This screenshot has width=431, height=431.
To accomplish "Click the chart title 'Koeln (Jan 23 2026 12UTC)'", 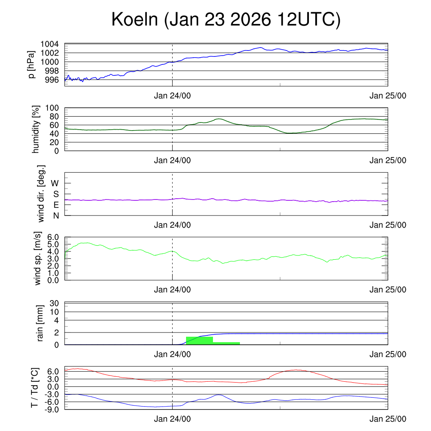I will coord(226,20).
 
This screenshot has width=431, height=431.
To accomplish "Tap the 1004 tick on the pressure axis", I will coord(50,44).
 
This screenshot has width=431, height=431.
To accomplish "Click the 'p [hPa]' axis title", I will coord(31,64).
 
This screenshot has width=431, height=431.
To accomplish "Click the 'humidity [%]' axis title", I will coord(36,129).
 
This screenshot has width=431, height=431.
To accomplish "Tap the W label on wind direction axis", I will coord(55,183).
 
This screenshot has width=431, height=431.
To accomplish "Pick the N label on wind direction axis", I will coord(56,215).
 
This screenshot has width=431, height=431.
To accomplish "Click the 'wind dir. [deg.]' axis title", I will coord(41,194).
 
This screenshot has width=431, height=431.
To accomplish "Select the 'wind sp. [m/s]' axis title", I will coord(38,259).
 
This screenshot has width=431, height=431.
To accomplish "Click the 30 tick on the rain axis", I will coord(54,303).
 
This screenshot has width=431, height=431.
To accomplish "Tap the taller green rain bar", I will coord(199,341).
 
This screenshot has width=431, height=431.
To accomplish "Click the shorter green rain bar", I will coord(226,343).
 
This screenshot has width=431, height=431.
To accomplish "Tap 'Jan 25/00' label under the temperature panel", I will coord(388,419).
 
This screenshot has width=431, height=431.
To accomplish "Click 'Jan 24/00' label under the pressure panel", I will coord(172,96).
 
